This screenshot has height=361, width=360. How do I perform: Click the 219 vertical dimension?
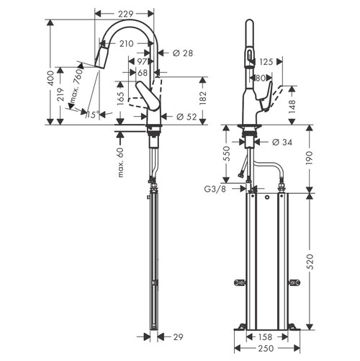click(62, 94)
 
